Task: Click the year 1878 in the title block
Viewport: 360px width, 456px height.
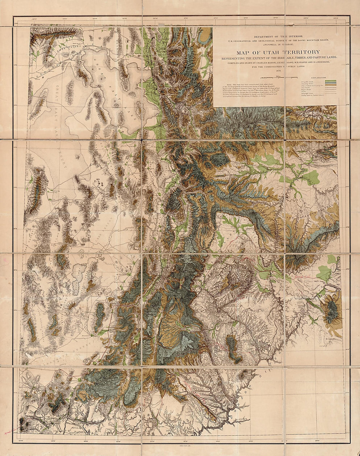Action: click(279, 70)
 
